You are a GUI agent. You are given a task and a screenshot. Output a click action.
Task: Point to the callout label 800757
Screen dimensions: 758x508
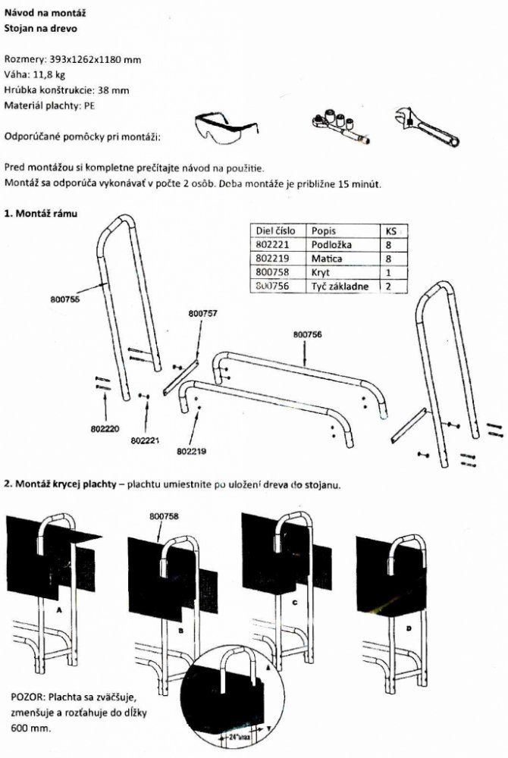(x=201, y=312)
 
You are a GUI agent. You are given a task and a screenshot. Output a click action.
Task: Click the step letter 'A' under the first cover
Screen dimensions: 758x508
(x=58, y=609)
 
